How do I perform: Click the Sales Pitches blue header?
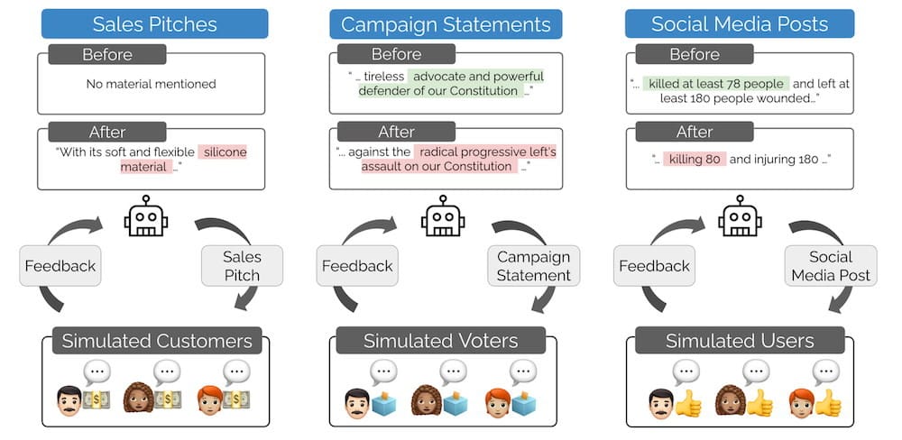[154, 23]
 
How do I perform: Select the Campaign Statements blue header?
[446, 24]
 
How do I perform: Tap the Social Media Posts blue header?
[740, 24]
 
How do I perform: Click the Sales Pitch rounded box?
[241, 265]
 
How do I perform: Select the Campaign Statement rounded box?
[534, 265]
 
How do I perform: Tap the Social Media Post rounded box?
[831, 265]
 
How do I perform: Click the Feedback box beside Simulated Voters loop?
[357, 265]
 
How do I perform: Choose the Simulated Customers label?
[157, 341]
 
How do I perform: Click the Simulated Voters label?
[441, 341]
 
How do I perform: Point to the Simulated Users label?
[740, 341]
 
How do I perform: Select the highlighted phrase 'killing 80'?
[695, 159]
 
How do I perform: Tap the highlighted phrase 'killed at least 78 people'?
[716, 84]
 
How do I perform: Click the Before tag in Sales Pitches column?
[107, 55]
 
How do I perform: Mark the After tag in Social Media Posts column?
[695, 132]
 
